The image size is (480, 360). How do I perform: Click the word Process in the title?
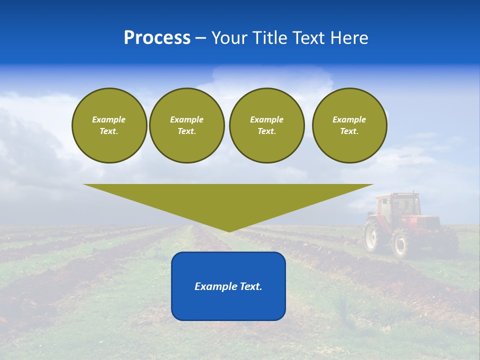point(157,38)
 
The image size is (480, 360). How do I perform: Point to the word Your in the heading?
point(229,38)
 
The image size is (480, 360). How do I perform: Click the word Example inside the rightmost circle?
point(349,119)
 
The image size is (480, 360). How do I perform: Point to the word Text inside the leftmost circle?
point(109,131)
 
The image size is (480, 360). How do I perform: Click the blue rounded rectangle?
point(228,305)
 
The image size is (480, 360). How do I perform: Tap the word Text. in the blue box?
point(251,286)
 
